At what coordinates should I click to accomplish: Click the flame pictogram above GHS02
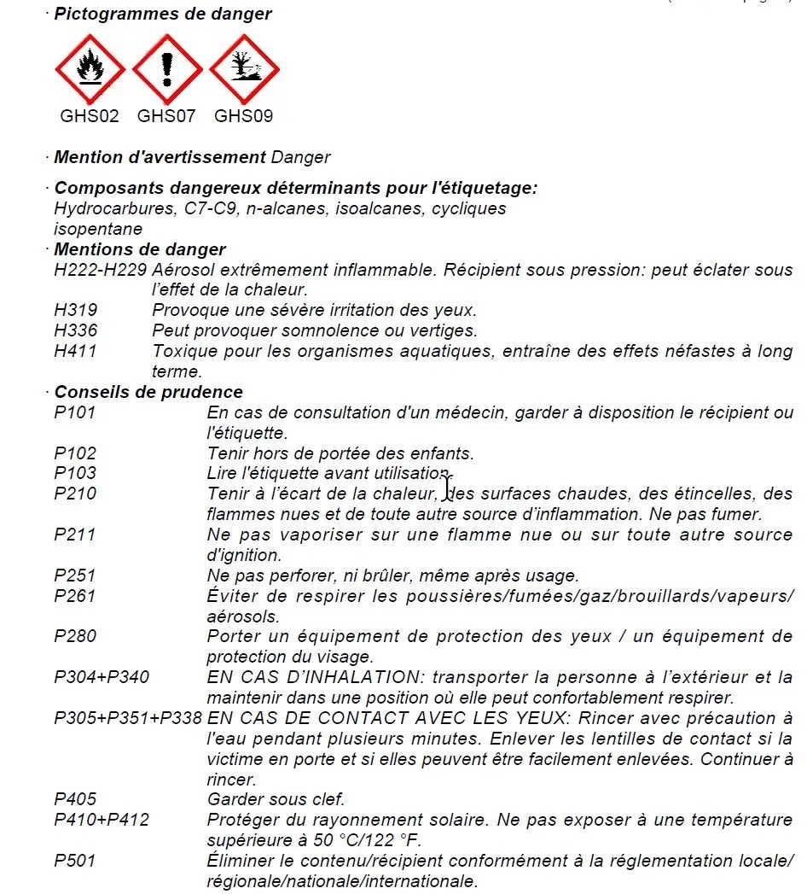point(90,69)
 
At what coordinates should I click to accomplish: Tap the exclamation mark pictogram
point(167,69)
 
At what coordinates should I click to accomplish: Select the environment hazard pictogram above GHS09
point(244,69)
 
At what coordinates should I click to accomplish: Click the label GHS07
point(166,116)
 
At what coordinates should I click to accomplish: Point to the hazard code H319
point(75,310)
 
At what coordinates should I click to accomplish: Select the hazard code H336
point(75,330)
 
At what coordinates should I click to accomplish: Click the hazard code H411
point(75,351)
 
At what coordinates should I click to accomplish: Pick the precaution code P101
point(75,412)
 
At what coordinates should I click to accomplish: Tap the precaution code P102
point(75,453)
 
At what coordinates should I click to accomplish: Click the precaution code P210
point(75,494)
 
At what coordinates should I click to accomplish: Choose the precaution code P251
point(75,576)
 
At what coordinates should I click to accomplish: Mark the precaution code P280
point(75,636)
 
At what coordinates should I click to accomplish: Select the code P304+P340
point(102,677)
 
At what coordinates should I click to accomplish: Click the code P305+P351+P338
point(128,718)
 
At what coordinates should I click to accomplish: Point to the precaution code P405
point(75,800)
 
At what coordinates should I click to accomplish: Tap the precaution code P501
point(75,861)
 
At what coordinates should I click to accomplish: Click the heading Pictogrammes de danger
point(163,14)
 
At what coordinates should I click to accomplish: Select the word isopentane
point(98,229)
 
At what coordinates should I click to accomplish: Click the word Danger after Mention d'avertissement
point(300,157)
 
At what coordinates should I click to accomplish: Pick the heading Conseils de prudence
point(148,392)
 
